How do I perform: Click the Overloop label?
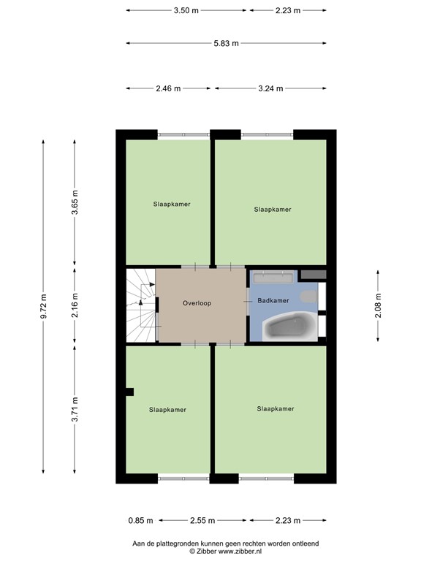coord(197,302)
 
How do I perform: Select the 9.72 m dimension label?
coord(43,307)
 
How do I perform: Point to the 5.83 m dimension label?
coord(226,43)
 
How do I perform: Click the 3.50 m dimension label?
coord(186,11)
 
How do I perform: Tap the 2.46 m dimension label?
coord(167,88)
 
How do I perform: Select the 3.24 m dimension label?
coord(271,88)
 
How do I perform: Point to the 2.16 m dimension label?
coord(74,306)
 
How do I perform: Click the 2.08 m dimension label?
coord(378,306)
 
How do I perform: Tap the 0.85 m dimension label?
coord(140,521)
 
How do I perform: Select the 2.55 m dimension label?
coord(202,521)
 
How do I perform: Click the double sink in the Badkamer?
coord(273,278)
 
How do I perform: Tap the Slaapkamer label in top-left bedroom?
coord(172,204)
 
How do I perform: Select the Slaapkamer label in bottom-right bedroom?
coord(275,408)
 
